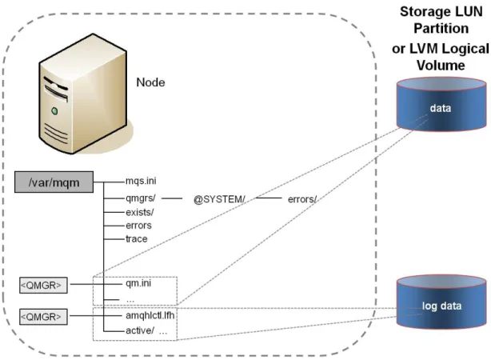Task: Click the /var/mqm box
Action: [x=54, y=182]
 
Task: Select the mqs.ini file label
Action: [x=141, y=181]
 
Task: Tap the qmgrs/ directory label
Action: [x=141, y=198]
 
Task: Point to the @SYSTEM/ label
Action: [x=219, y=199]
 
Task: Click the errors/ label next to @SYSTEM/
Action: [x=302, y=199]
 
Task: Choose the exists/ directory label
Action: [x=140, y=212]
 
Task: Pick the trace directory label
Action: [x=137, y=238]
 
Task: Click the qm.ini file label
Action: [x=138, y=283]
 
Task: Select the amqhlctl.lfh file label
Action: [x=150, y=315]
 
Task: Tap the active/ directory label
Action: [x=140, y=330]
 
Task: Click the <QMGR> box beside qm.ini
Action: [x=43, y=285]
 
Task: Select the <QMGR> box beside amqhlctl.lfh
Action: [x=43, y=317]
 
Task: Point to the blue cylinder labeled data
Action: [x=441, y=104]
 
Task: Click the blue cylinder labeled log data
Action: [x=441, y=302]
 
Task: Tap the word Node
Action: [x=150, y=82]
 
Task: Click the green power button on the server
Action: [x=55, y=111]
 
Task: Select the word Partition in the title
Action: [x=441, y=28]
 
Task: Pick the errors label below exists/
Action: [x=138, y=226]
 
